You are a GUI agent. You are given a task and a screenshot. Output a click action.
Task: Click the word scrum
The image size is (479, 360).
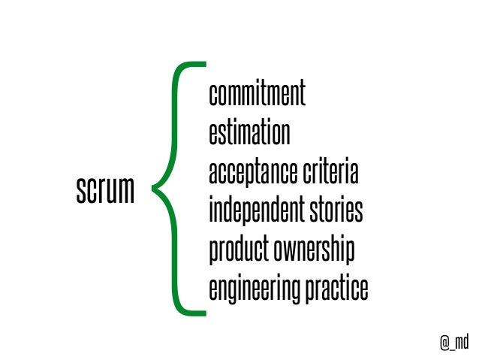coord(105,191)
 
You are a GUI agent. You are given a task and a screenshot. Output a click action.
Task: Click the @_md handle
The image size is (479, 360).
coord(454,342)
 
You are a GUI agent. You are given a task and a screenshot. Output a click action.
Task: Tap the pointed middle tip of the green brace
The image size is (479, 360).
coord(155,186)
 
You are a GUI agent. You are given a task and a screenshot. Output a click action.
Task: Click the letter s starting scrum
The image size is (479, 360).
coord(80,192)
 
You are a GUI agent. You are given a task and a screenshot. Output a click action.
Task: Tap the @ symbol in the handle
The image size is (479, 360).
coord(444,342)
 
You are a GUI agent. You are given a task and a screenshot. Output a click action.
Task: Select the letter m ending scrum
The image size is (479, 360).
coord(128,192)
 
